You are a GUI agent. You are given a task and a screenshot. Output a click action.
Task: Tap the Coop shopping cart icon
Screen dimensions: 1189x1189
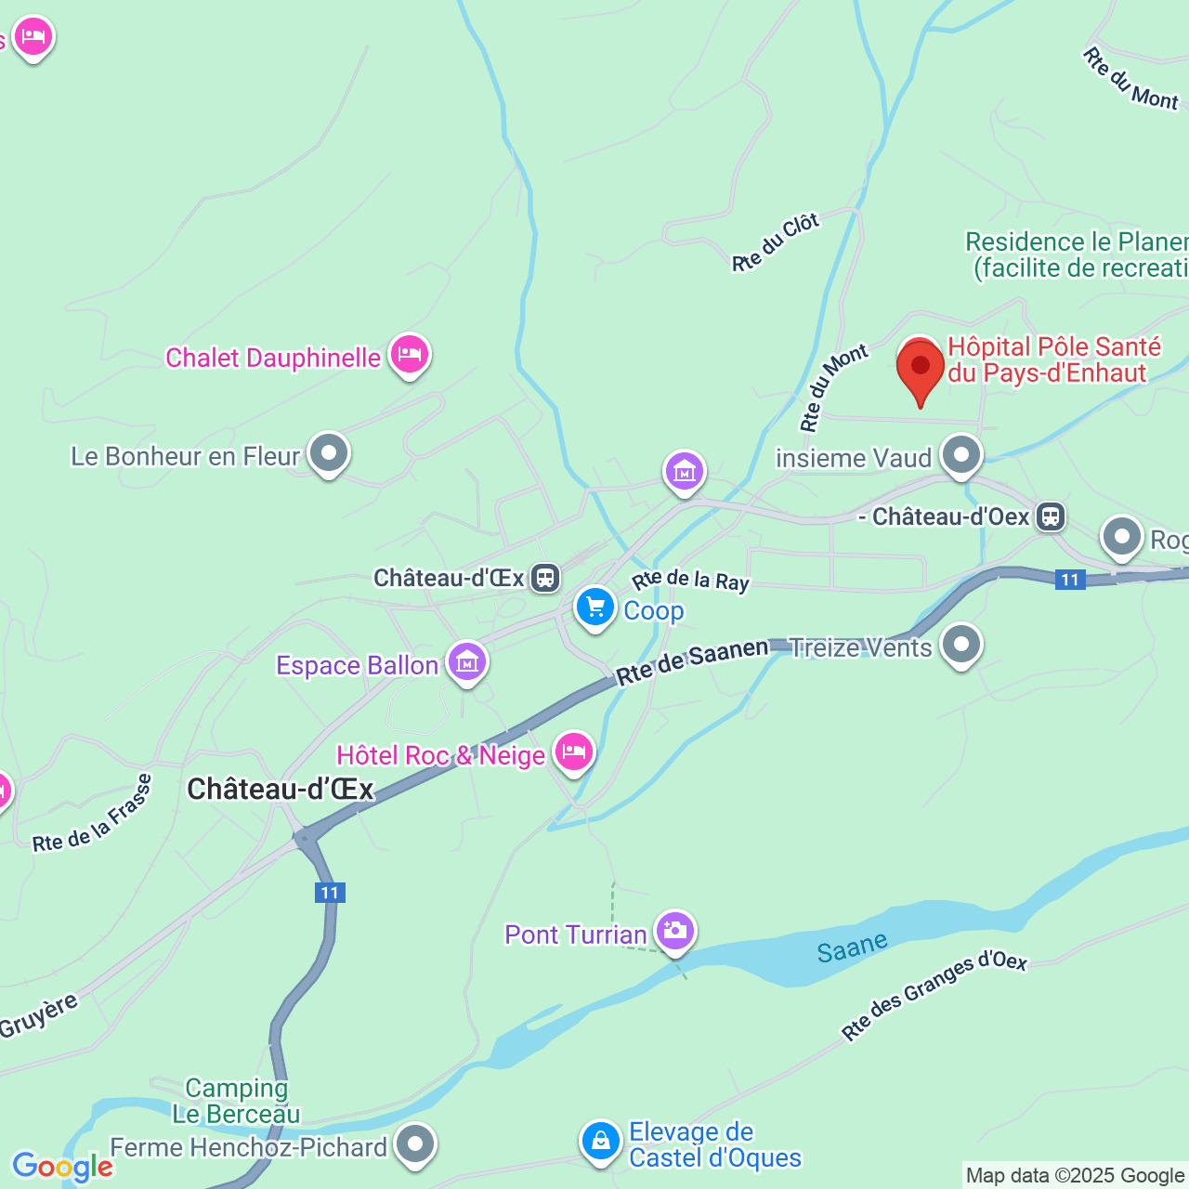tap(595, 608)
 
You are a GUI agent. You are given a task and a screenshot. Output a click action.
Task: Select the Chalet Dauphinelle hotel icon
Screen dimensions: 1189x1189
tap(409, 354)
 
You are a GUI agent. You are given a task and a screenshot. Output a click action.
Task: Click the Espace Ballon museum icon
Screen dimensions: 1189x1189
tap(467, 662)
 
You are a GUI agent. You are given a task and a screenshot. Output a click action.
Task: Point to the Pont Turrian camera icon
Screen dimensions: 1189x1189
tap(675, 931)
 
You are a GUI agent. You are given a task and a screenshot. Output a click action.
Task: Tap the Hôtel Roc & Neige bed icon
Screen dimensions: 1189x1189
tap(574, 751)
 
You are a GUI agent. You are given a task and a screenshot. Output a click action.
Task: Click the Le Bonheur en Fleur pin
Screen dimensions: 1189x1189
tap(329, 453)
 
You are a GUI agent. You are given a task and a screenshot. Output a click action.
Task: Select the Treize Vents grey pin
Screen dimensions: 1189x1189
tap(961, 644)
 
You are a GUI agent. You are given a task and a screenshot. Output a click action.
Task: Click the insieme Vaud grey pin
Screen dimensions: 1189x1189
tap(961, 455)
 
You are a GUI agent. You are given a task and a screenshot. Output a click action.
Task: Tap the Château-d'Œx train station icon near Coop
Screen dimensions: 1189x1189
tap(545, 578)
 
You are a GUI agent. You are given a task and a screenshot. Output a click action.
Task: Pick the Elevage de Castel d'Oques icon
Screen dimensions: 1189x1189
tap(601, 1140)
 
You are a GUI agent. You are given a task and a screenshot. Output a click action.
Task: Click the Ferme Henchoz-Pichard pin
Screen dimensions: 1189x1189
tap(414, 1143)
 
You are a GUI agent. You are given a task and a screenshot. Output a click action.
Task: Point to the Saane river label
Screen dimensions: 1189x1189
tap(852, 947)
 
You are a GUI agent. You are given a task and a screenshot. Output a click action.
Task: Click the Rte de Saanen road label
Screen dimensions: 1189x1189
tap(692, 661)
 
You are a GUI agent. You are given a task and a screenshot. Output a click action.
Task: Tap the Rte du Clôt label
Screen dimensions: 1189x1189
tap(776, 242)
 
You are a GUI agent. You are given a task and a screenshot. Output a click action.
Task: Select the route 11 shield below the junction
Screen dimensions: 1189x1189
tap(330, 893)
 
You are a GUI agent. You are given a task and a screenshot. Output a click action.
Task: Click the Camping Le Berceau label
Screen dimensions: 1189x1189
tap(236, 1101)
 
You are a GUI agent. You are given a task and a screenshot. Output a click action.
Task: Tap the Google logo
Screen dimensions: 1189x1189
tap(62, 1167)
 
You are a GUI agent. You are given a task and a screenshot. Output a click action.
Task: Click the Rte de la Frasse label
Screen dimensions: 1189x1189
tap(92, 815)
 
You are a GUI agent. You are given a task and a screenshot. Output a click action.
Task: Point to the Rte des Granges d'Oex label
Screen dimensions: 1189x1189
tap(934, 995)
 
